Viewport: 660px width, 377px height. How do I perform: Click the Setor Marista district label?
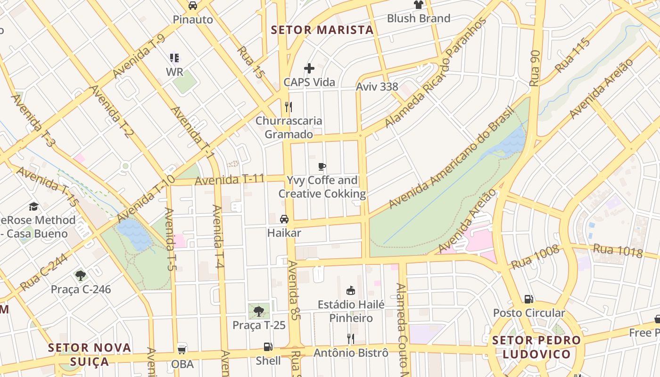(322, 30)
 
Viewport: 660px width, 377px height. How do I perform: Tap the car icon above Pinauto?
(193, 6)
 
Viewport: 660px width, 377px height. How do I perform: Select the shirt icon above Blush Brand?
(418, 5)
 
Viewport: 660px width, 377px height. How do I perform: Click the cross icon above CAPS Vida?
(309, 68)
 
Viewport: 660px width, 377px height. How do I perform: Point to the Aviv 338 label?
(377, 87)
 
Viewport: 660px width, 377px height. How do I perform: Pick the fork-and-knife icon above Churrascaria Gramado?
(289, 107)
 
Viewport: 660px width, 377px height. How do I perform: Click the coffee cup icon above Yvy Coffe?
(322, 166)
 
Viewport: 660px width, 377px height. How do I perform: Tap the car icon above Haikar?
(284, 219)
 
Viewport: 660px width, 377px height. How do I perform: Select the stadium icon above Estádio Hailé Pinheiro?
(351, 291)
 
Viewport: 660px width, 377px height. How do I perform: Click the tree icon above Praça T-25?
(259, 311)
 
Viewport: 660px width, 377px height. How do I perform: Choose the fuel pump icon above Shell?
(268, 347)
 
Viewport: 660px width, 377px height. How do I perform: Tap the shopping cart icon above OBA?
(182, 350)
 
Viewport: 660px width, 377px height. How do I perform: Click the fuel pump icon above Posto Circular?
(528, 299)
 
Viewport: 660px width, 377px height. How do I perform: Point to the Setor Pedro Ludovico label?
(536, 347)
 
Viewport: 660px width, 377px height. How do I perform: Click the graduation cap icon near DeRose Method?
(33, 206)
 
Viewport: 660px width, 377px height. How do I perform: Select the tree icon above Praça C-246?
(81, 275)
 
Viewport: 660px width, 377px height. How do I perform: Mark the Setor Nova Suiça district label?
(90, 354)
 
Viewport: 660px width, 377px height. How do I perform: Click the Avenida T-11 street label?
(230, 180)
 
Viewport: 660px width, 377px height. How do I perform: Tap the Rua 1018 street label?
(618, 251)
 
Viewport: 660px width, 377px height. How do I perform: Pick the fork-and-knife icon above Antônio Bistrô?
(351, 338)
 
